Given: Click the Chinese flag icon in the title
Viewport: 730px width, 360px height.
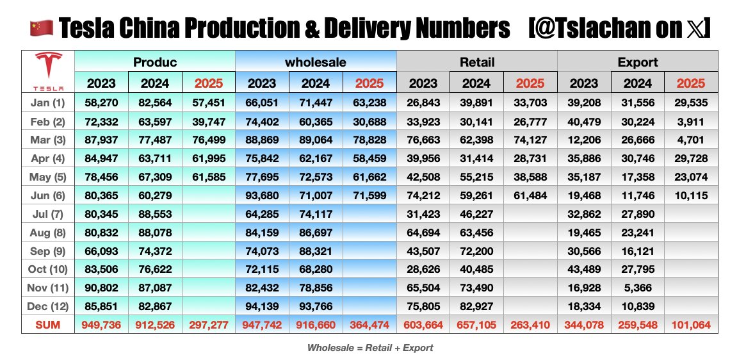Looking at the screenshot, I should (40, 28).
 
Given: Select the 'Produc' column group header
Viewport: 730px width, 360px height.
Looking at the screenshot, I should (155, 62).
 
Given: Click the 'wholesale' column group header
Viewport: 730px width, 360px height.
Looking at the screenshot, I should (316, 62).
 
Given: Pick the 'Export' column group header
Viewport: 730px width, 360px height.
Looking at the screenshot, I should (638, 62).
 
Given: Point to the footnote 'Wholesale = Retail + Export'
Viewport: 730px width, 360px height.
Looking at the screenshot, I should (370, 348).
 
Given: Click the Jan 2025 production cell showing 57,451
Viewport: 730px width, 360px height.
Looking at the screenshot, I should (209, 102).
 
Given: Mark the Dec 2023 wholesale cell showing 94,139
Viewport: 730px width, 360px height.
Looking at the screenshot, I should (262, 306).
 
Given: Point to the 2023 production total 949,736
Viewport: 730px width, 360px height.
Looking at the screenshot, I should (102, 325).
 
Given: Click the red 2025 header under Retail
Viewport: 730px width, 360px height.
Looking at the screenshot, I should (530, 83).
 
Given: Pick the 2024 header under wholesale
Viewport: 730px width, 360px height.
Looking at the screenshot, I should (316, 83).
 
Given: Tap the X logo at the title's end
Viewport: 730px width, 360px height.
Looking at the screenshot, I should (693, 28).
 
